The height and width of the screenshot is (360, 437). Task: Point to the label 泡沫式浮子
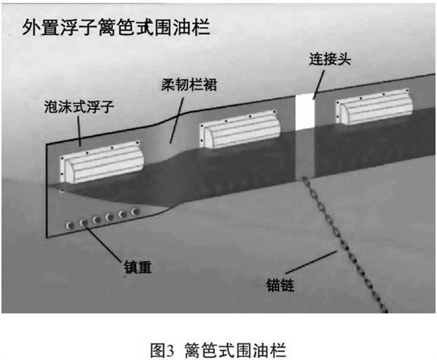point(81,107)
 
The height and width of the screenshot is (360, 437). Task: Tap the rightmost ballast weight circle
point(133,212)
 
